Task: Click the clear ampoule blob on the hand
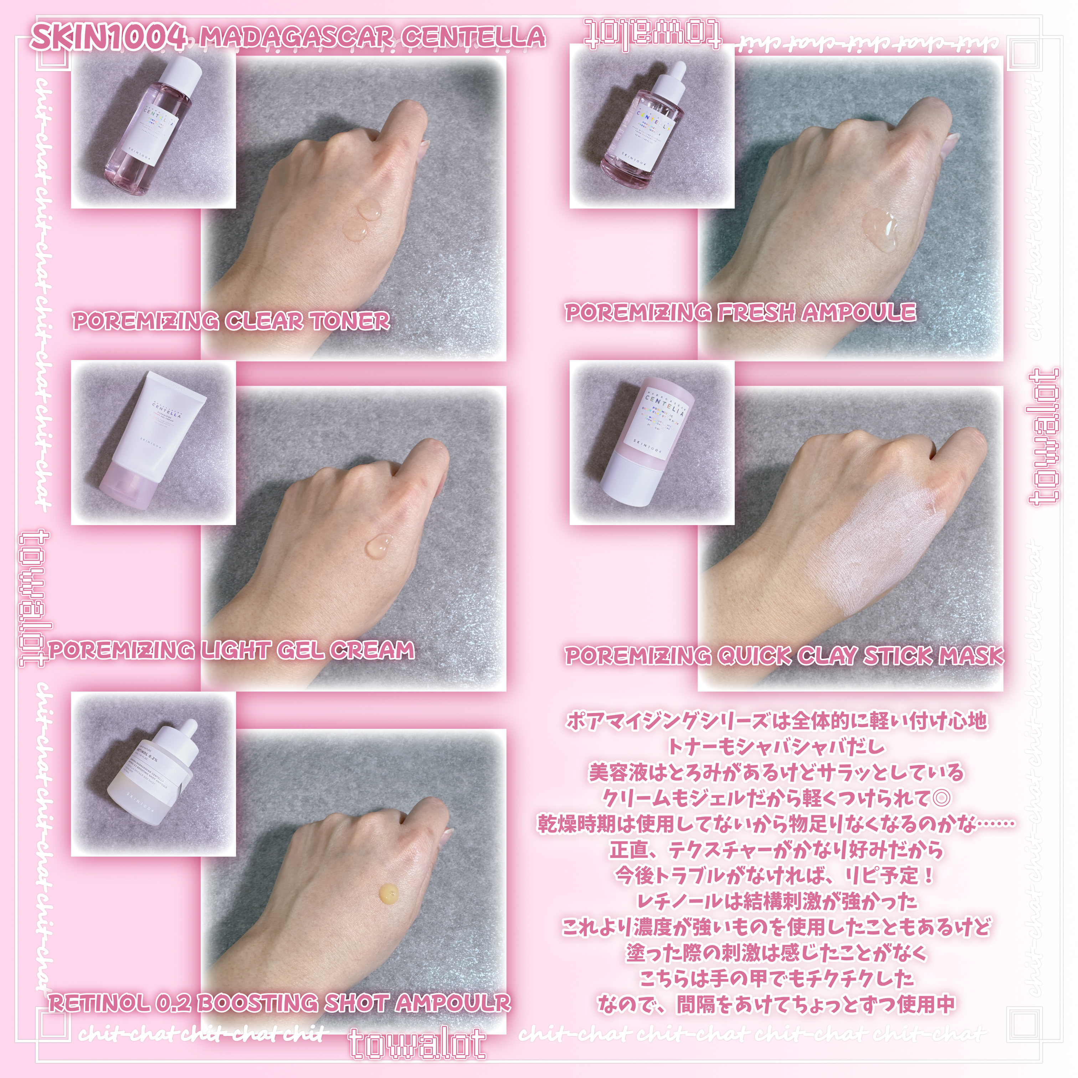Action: tap(881, 230)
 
